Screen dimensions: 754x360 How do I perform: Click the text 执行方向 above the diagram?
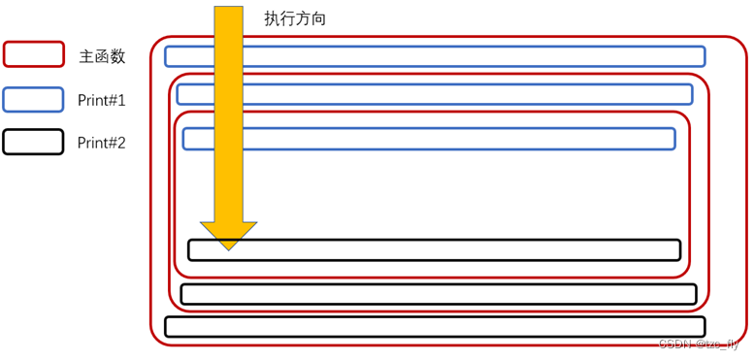295,18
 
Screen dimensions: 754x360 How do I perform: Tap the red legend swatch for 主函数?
33,54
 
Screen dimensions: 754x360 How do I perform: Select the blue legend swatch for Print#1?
33,99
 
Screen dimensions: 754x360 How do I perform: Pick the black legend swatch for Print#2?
33,143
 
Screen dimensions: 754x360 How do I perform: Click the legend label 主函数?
102,56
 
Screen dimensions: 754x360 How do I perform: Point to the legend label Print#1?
102,100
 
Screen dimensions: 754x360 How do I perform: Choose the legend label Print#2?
102,144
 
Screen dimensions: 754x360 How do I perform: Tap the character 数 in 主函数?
117,56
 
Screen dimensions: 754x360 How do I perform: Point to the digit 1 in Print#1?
121,100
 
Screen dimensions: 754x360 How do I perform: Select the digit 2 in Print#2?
121,144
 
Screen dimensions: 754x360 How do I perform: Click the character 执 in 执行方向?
272,18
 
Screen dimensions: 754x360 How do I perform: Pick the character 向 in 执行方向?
318,18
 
